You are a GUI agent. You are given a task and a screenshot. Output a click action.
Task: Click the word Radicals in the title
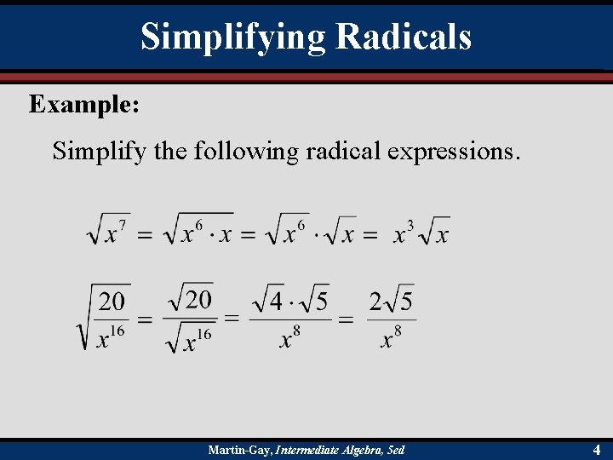403,37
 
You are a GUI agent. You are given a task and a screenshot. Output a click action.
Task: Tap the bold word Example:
85,105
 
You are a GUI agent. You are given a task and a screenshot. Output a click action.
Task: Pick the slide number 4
597,450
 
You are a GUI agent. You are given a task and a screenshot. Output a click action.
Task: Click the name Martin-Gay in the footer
240,450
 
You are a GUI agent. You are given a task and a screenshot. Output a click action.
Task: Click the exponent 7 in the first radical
123,225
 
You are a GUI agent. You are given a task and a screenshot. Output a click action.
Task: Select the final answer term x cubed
404,232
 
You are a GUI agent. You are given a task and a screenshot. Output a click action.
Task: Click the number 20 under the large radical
112,301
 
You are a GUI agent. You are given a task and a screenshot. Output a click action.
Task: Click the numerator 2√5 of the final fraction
392,301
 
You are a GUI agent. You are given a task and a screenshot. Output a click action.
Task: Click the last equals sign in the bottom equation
346,319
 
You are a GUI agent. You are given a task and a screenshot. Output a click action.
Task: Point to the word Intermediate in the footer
307,450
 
